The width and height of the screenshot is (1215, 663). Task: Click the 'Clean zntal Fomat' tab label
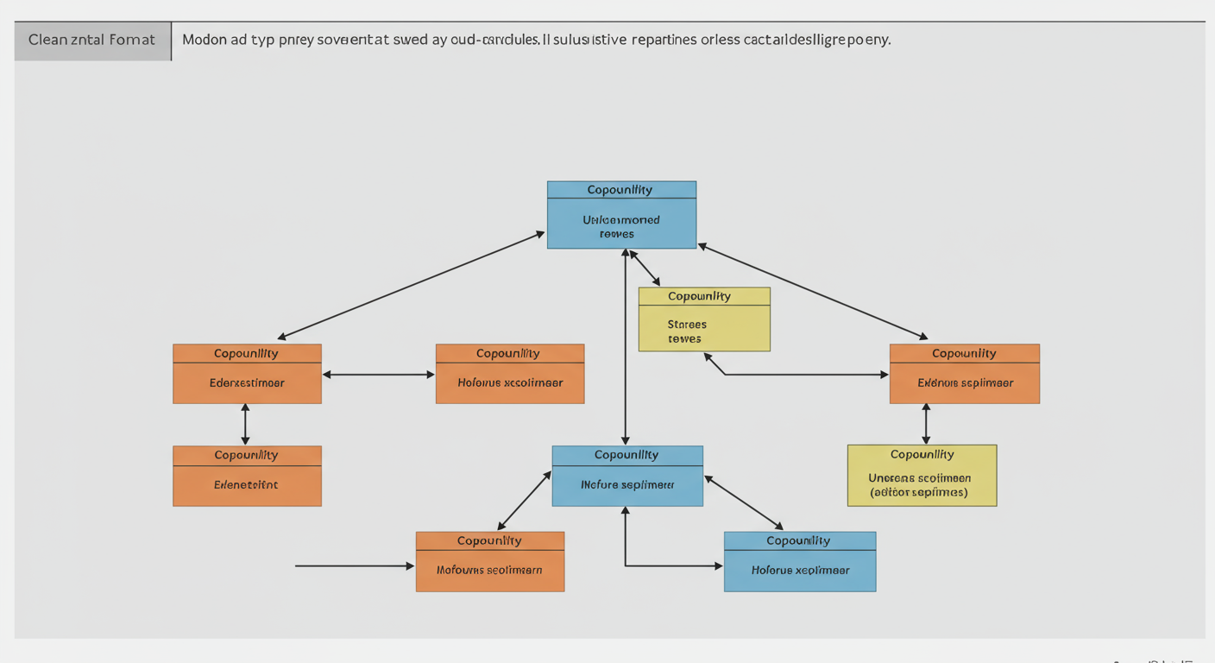(91, 40)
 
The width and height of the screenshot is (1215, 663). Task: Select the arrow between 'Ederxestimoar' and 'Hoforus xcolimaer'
(378, 375)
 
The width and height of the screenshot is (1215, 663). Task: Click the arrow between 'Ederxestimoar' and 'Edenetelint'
(246, 424)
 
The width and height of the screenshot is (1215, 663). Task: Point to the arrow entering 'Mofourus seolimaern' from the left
(354, 566)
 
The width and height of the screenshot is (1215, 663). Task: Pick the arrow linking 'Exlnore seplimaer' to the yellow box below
(926, 424)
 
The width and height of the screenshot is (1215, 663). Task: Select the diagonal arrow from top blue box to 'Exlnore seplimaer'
(812, 291)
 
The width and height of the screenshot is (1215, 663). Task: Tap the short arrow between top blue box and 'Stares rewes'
(645, 268)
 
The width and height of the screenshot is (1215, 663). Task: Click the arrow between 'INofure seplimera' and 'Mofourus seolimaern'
(525, 501)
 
